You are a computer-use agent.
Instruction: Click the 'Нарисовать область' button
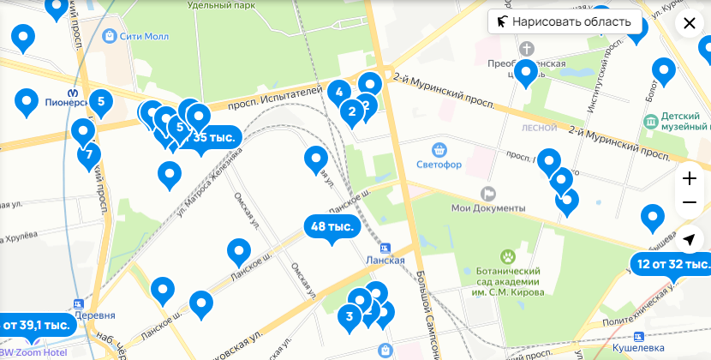[565, 21]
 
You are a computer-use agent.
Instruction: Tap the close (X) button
[690, 23]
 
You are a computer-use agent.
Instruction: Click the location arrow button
[690, 241]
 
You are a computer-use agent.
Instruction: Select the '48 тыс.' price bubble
[332, 227]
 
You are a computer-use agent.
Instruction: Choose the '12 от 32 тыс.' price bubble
[672, 263]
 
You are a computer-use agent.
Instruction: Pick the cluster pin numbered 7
[88, 155]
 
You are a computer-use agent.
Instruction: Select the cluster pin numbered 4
[339, 93]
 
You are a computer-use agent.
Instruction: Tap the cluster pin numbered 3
[349, 317]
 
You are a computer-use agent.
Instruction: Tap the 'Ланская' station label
[403, 261]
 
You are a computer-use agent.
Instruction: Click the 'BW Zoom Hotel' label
[35, 353]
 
